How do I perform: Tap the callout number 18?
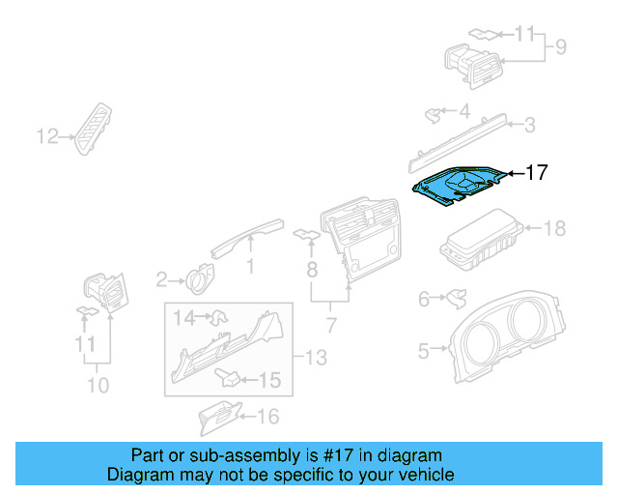pyautogui.click(x=554, y=229)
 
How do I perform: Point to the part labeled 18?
pyautogui.click(x=479, y=246)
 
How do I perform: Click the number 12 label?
pyautogui.click(x=47, y=137)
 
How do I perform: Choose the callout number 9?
pyautogui.click(x=559, y=45)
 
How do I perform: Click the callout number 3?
pyautogui.click(x=529, y=124)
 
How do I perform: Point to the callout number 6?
pyautogui.click(x=423, y=300)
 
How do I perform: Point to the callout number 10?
pyautogui.click(x=97, y=386)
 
